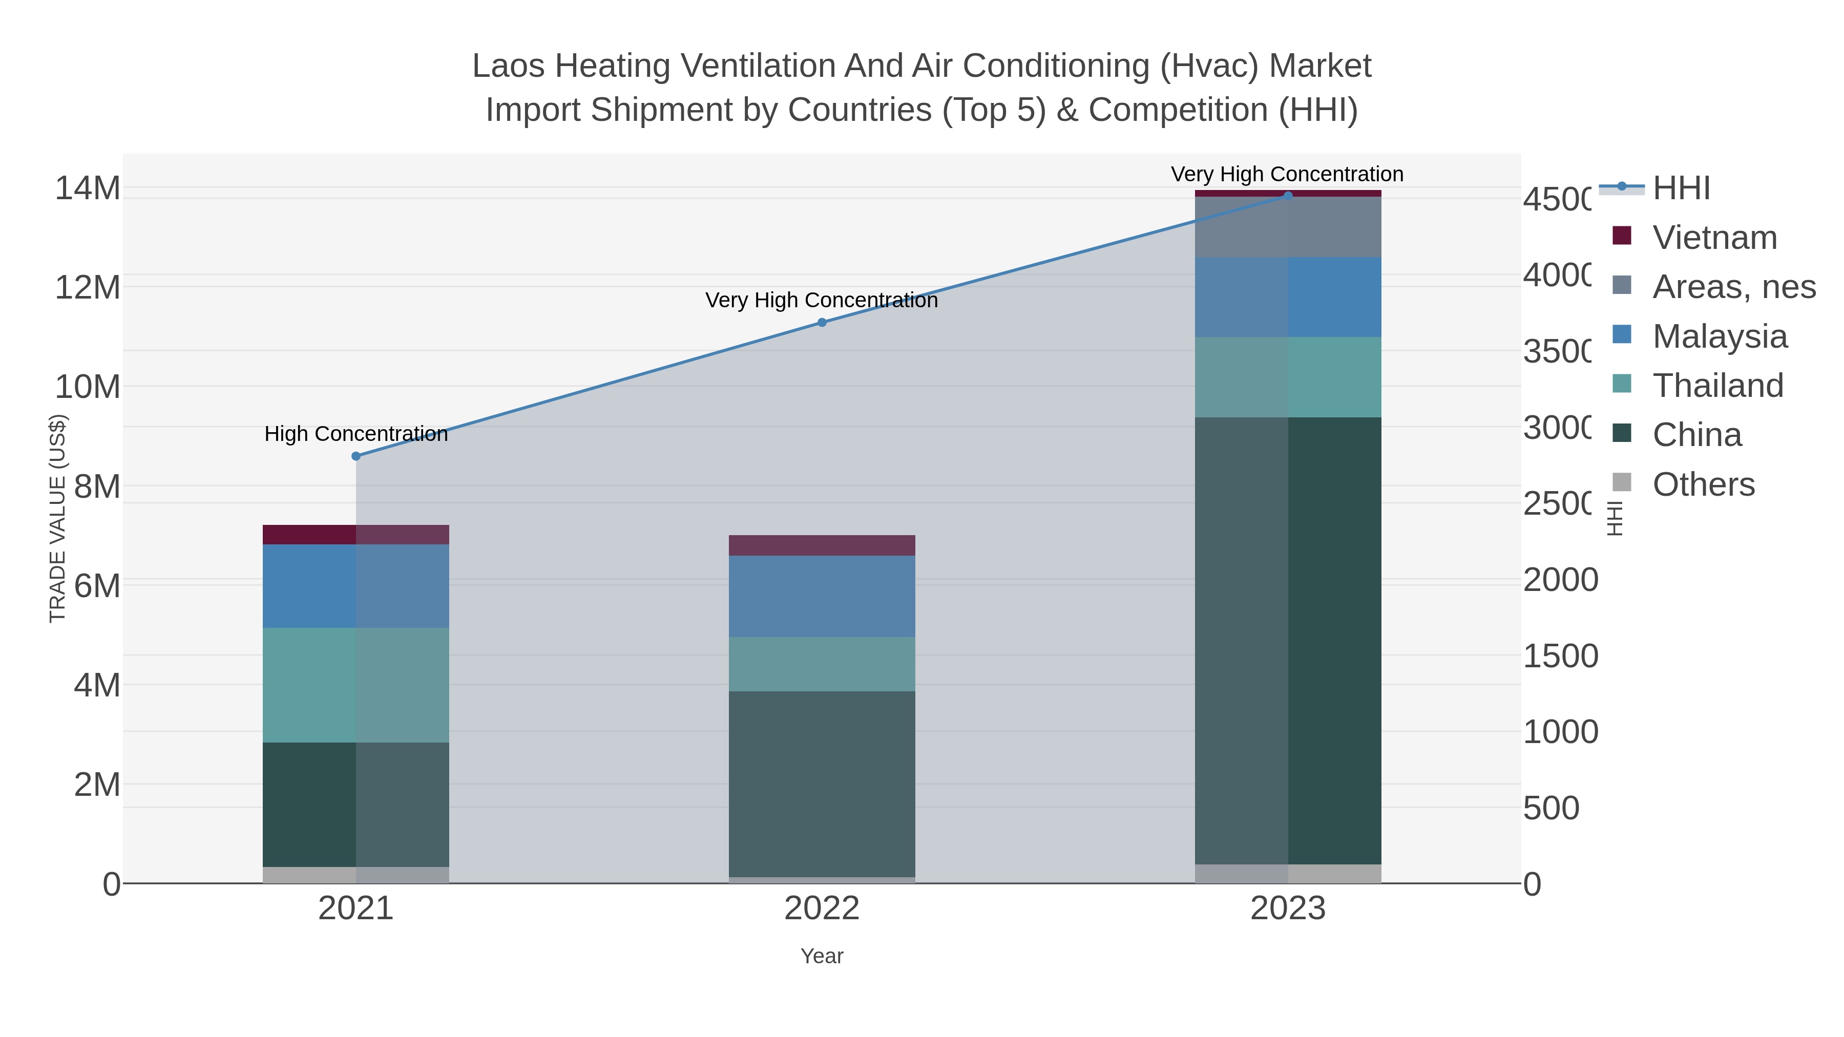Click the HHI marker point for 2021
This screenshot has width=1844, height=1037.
(x=356, y=456)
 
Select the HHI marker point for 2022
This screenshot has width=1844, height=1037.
(x=822, y=323)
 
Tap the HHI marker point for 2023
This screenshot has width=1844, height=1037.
(x=1288, y=196)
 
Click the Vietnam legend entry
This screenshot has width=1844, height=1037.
(x=1714, y=238)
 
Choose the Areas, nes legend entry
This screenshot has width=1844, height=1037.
(x=1733, y=287)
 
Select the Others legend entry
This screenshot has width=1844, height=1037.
(x=1703, y=484)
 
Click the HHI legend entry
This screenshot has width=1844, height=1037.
(x=1681, y=188)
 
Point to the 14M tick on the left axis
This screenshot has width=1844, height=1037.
(x=87, y=188)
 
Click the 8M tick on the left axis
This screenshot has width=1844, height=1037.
(x=97, y=486)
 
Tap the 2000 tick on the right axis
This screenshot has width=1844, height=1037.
(x=1560, y=580)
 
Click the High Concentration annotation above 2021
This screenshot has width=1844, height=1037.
(x=356, y=434)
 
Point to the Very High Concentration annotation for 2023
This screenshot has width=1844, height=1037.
(x=1287, y=174)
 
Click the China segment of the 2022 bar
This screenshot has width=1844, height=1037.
(x=822, y=784)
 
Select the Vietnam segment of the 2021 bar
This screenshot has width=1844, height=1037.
(x=356, y=535)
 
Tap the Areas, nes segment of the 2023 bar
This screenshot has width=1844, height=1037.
(x=1288, y=227)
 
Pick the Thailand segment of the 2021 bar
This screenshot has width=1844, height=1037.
(x=356, y=685)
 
